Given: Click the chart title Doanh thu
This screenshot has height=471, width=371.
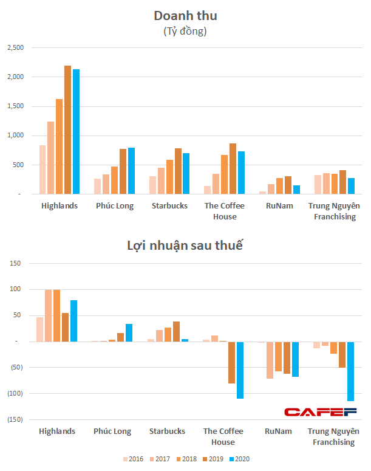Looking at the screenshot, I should point(185,15).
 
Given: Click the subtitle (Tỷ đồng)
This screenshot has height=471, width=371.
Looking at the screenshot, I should point(185,32).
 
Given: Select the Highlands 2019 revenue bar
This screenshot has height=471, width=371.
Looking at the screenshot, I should point(67,130).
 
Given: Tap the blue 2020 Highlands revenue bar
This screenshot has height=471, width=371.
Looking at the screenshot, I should point(76,132).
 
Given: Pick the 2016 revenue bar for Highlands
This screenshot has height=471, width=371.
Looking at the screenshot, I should point(43,170).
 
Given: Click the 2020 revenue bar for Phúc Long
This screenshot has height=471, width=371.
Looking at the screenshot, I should point(132,171).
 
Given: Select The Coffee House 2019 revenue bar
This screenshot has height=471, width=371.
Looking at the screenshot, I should point(233,169).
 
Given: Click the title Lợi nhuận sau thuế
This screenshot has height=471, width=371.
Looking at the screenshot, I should point(185,246).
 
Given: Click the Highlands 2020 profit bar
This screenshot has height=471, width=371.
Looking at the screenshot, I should point(74,321).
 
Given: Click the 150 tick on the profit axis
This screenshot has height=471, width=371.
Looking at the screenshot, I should point(15,263).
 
